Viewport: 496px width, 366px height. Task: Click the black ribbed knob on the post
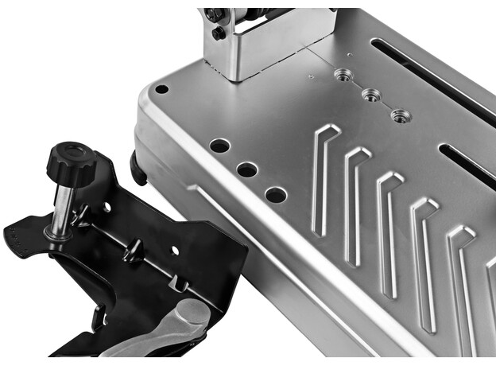click(x=70, y=161)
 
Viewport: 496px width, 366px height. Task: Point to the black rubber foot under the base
click(x=139, y=168)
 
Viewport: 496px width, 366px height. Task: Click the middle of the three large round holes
click(x=247, y=169)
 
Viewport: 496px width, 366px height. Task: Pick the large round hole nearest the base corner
click(x=220, y=146)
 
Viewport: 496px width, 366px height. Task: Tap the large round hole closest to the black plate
click(x=276, y=194)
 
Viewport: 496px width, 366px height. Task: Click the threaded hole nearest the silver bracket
click(x=344, y=75)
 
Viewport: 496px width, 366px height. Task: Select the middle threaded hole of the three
click(x=371, y=95)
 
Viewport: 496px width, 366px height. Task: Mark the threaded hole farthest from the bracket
click(x=401, y=116)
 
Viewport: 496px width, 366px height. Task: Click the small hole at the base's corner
click(x=161, y=89)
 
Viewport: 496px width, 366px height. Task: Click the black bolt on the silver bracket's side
click(x=218, y=33)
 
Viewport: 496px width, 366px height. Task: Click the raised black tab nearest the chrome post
click(x=81, y=214)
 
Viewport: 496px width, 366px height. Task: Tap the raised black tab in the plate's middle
click(x=133, y=251)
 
